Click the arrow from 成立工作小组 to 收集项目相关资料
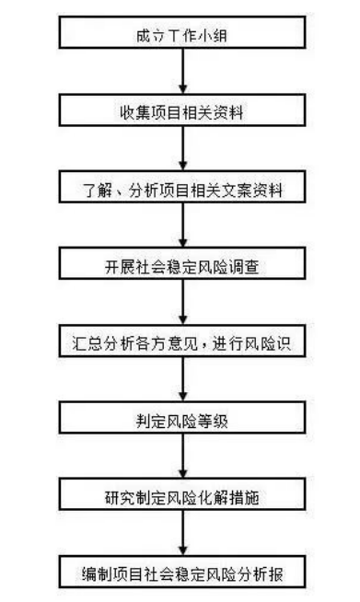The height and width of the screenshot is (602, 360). (x=184, y=73)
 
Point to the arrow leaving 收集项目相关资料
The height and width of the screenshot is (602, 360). (x=184, y=149)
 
